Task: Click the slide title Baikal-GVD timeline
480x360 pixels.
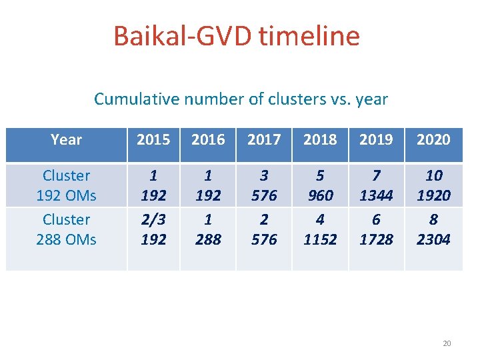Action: (x=237, y=35)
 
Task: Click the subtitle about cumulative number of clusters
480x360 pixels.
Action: (x=241, y=99)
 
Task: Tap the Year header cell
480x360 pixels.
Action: (x=66, y=140)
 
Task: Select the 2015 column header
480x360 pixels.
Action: (x=153, y=140)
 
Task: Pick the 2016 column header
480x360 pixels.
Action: (x=208, y=140)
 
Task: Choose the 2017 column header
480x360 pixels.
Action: (x=264, y=140)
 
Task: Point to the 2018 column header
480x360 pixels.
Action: (x=320, y=140)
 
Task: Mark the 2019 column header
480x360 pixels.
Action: (x=376, y=140)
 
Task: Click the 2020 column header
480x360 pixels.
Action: (x=433, y=140)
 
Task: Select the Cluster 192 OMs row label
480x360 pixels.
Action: (x=66, y=185)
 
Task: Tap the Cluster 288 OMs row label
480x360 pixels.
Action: (x=66, y=229)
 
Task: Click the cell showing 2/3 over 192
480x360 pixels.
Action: (x=153, y=229)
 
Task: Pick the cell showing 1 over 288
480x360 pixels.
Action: (x=208, y=229)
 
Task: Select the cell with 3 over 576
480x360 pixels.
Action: (x=264, y=185)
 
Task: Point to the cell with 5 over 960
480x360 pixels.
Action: (x=320, y=185)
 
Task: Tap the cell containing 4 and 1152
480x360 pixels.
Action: (x=320, y=229)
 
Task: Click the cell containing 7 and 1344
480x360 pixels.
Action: (x=376, y=185)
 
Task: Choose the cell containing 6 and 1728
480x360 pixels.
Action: (x=376, y=229)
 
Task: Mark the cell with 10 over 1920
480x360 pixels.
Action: (x=433, y=185)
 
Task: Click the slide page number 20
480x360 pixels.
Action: (x=447, y=343)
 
